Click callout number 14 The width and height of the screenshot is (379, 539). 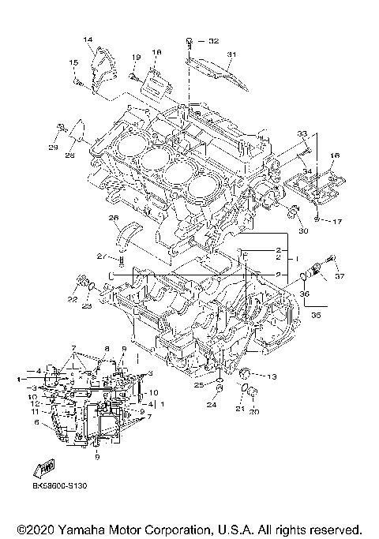(88, 39)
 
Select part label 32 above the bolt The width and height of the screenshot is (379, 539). (213, 39)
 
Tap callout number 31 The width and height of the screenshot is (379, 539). (231, 54)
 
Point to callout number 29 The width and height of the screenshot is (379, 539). (54, 148)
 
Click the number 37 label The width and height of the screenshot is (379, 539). (340, 277)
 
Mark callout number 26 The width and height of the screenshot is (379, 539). (114, 218)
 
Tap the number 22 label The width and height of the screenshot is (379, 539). (72, 299)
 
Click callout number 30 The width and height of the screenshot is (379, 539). (301, 230)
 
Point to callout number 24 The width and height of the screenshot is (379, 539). (211, 406)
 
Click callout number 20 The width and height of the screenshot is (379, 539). (255, 411)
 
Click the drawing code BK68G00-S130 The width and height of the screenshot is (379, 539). (59, 486)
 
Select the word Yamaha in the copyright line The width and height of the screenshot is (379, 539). (84, 528)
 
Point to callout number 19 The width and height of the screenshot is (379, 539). (136, 57)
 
